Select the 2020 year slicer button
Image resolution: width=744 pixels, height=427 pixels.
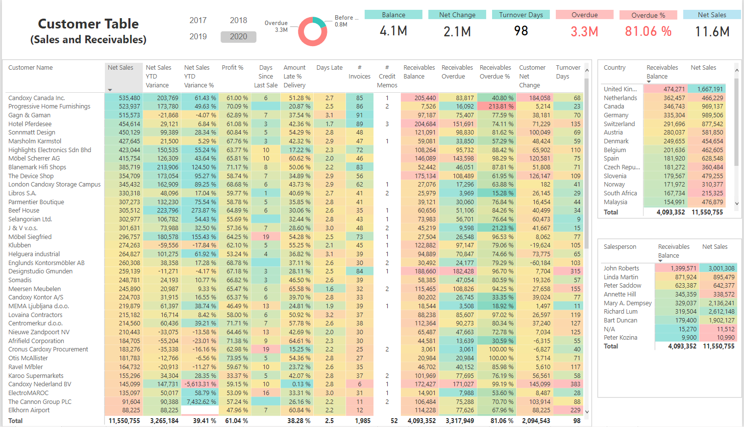pyautogui.click(x=238, y=37)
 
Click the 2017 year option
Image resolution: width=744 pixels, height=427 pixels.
pyautogui.click(x=198, y=20)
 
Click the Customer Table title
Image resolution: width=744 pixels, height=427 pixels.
pyautogui.click(x=88, y=24)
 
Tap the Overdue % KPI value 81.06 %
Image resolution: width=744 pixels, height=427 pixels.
pyautogui.click(x=648, y=31)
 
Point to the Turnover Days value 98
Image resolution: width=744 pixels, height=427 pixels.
pyautogui.click(x=521, y=31)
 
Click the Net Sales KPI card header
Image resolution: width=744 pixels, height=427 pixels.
pyautogui.click(x=712, y=15)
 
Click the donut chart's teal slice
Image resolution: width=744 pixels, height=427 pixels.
pyautogui.click(x=320, y=22)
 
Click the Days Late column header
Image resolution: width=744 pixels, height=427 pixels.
pyautogui.click(x=329, y=68)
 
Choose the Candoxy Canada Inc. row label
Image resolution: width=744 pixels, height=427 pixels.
pyautogui.click(x=37, y=98)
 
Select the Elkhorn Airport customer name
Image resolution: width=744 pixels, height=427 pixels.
pyautogui.click(x=29, y=410)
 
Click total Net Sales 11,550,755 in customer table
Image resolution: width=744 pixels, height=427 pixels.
pyautogui.click(x=124, y=421)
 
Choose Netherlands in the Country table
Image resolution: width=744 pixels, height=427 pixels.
pyautogui.click(x=620, y=98)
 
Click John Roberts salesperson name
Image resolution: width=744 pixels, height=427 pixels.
pyautogui.click(x=621, y=268)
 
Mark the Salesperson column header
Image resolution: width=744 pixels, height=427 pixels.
pyautogui.click(x=620, y=247)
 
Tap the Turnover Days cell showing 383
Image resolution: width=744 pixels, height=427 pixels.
pyautogui.click(x=575, y=384)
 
